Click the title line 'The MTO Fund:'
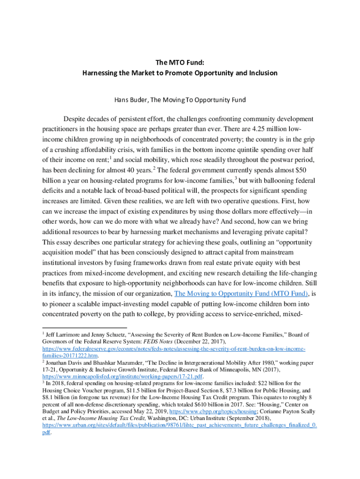(x=180, y=62)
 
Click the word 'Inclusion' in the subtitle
(x=262, y=73)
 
